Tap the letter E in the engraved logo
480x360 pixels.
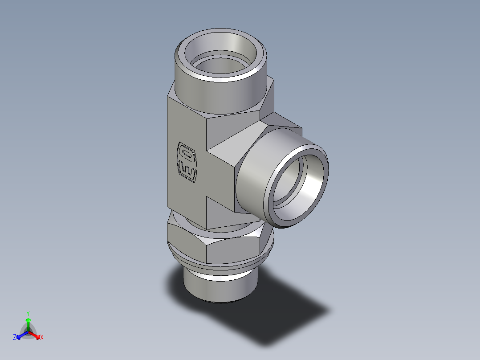click(187, 170)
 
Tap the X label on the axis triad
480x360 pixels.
click(42, 338)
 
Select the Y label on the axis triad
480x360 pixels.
click(28, 313)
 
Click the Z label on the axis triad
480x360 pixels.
click(15, 337)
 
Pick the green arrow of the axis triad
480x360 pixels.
click(28, 323)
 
